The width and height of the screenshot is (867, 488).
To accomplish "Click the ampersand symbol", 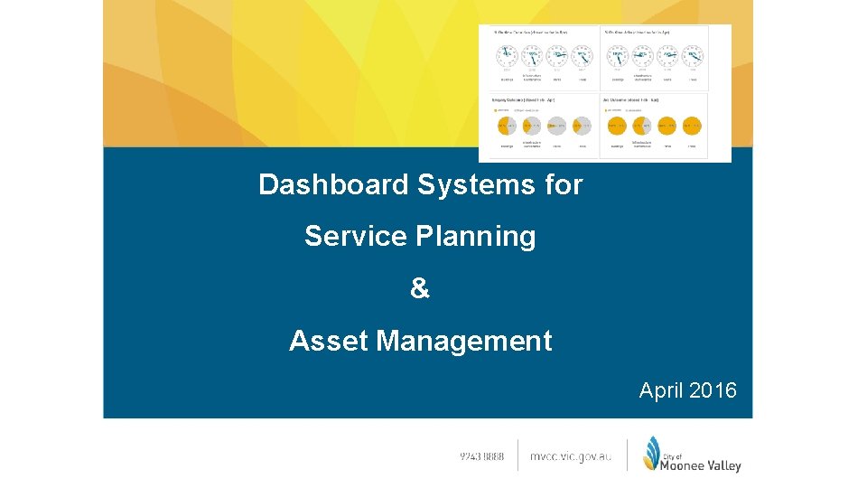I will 420,288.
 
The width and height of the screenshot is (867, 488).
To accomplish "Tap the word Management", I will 464,341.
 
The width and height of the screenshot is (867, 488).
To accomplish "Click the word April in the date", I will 661,390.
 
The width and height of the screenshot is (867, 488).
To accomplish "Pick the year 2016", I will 713,390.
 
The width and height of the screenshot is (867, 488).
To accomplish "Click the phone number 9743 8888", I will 482,457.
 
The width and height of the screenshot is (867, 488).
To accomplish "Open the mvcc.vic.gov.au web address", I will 570,457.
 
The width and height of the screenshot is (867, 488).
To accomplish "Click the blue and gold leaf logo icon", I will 651,454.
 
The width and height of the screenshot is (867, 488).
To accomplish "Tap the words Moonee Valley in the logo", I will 701,465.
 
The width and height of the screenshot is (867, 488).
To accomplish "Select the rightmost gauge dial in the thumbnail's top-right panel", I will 692,56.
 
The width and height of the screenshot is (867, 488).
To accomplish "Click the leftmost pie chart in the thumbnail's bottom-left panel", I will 507,126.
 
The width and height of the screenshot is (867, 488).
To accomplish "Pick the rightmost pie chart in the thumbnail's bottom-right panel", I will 692,126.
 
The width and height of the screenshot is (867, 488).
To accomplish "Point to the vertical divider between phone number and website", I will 517,455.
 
